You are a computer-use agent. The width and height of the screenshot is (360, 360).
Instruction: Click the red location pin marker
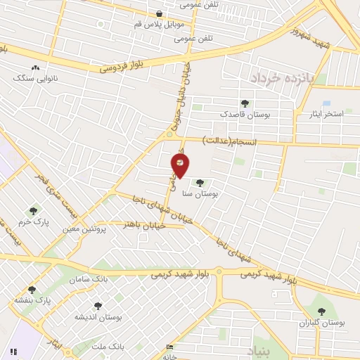[180, 165]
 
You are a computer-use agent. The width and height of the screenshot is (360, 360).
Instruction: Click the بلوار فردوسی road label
[121, 67]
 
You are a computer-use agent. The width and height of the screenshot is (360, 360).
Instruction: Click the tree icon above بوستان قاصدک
[245, 103]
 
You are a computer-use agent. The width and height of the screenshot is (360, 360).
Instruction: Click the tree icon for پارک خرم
[33, 210]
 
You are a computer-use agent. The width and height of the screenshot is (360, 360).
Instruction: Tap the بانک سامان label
[90, 279]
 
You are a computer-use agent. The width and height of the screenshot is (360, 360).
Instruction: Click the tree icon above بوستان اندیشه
[98, 306]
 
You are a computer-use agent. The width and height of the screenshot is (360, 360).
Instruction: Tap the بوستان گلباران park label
[322, 323]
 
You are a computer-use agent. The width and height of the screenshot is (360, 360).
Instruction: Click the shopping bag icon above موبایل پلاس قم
[160, 13]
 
